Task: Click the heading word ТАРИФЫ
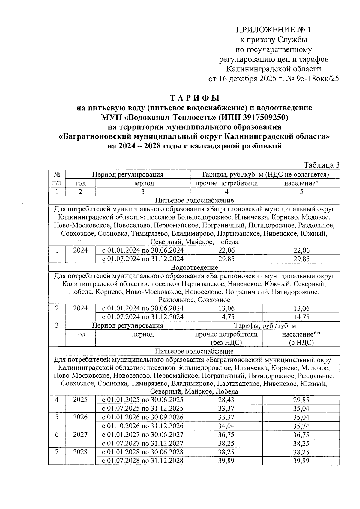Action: click(195, 98)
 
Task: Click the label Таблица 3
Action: click(321, 165)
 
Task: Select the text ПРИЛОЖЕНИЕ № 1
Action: click(274, 30)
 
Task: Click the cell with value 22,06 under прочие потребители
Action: click(226, 250)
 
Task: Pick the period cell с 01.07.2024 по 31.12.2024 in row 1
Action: click(143, 259)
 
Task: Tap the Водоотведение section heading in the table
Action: click(194, 267)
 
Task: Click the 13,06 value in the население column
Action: click(301, 308)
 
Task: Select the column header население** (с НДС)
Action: click(301, 338)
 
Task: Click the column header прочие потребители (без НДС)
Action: click(226, 338)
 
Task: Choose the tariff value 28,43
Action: click(226, 400)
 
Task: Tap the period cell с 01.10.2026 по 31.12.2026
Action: click(143, 426)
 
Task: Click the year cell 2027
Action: click(80, 435)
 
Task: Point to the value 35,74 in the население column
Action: click(301, 426)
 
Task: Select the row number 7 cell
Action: click(57, 452)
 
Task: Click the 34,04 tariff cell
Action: click(226, 426)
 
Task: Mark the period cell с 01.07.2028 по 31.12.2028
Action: click(143, 460)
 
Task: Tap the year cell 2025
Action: click(80, 400)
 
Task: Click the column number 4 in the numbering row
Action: click(226, 192)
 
